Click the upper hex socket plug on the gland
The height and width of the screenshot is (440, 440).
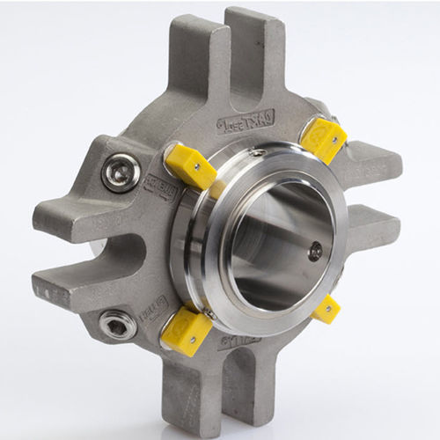(x=121, y=171)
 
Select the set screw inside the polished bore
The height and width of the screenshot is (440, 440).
(x=314, y=253)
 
